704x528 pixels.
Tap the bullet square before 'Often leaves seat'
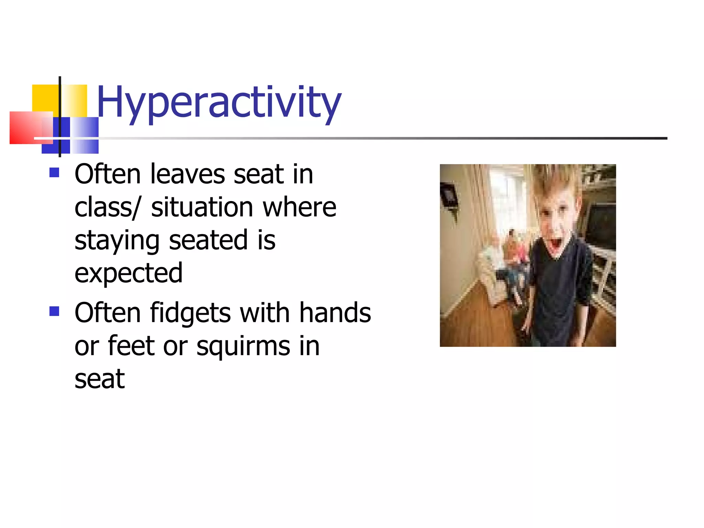coord(54,172)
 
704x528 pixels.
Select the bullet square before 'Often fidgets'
coord(54,311)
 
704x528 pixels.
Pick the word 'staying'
coord(117,241)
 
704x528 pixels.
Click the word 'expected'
coord(128,273)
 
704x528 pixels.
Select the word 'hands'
coord(335,313)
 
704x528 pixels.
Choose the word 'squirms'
coord(243,346)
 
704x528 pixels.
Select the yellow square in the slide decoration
coord(45,98)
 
